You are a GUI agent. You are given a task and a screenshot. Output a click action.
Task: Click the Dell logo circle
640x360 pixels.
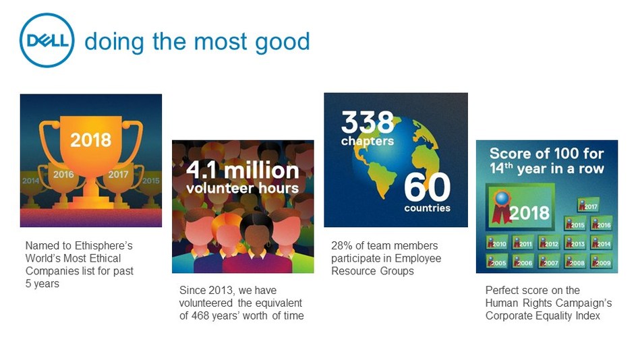coord(47,40)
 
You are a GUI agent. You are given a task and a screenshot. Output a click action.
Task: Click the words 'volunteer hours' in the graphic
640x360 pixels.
coord(242,187)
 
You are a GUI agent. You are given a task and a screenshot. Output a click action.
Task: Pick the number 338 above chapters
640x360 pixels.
coord(368,123)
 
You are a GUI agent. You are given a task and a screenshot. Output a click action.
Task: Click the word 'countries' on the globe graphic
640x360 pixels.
coord(428,208)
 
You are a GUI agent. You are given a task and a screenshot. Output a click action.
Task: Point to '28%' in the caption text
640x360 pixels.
coord(342,245)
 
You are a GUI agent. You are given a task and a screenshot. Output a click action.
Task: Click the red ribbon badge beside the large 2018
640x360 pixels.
coord(502,203)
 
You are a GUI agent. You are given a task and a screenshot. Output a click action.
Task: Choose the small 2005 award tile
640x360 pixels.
coord(496,262)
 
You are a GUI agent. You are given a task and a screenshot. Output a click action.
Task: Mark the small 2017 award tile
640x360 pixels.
coord(588,206)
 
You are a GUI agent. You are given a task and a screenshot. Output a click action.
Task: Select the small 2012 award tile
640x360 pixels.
coord(549,243)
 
